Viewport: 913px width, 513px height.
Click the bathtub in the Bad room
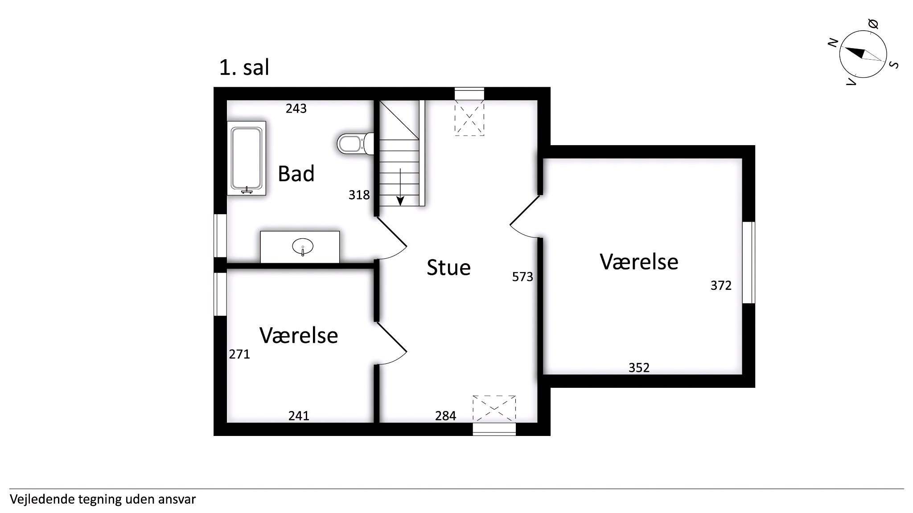[x=247, y=158]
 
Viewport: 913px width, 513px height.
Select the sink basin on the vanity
[x=303, y=246]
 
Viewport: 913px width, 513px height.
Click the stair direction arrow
[x=400, y=187]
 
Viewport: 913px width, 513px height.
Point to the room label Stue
[x=448, y=268]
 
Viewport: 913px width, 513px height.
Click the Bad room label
[x=296, y=173]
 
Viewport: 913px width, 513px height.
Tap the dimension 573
[x=522, y=277]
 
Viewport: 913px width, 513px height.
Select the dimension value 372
[x=721, y=285]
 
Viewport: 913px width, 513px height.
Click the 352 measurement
[x=639, y=367]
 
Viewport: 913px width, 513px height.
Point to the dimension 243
[x=296, y=108]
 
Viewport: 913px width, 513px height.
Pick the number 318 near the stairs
[x=359, y=195]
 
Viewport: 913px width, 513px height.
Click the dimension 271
[x=239, y=354]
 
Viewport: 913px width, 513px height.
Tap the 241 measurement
[x=299, y=415]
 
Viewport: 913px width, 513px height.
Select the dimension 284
[x=445, y=415]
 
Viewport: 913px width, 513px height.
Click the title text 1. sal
[x=244, y=68]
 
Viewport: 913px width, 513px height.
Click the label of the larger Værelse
[x=639, y=261]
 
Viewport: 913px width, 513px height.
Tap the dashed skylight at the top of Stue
[x=469, y=118]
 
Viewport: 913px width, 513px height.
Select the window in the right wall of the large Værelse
[x=748, y=263]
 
